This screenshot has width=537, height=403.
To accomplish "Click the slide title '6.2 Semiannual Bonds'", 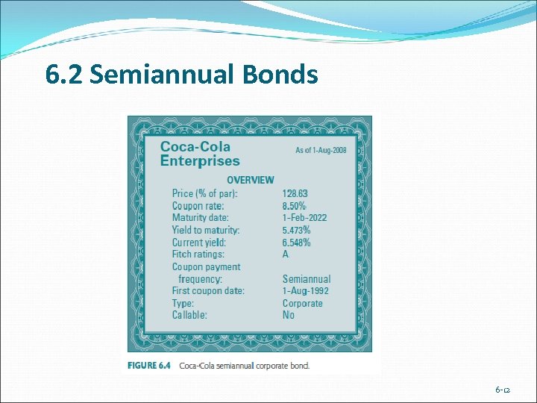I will (x=181, y=75).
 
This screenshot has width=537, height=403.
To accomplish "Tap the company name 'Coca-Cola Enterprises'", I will (x=200, y=154).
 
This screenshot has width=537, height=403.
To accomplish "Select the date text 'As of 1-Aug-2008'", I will (x=321, y=150).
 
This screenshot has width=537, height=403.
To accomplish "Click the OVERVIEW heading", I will (x=250, y=180).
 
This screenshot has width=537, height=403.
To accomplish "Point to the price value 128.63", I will (x=295, y=193).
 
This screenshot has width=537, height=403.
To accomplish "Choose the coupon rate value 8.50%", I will (x=295, y=206).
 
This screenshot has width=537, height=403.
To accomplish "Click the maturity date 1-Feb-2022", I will (x=304, y=218).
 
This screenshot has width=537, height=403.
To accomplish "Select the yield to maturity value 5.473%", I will (x=297, y=231).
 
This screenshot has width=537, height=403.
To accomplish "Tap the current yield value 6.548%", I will (x=297, y=243).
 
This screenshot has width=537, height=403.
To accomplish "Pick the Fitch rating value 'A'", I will (x=286, y=254).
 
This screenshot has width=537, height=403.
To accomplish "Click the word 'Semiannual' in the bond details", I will (x=306, y=279).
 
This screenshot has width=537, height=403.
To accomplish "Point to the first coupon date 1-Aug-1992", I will (x=305, y=291).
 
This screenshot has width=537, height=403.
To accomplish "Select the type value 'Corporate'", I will (x=302, y=304).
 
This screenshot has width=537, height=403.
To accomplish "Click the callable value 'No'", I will (x=289, y=315).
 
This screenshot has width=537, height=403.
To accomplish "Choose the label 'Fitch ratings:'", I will (x=198, y=254).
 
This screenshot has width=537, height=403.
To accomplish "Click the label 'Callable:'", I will (x=189, y=315).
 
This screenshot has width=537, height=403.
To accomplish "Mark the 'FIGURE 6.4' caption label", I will (x=149, y=366).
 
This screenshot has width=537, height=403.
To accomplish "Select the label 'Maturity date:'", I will (x=200, y=218).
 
